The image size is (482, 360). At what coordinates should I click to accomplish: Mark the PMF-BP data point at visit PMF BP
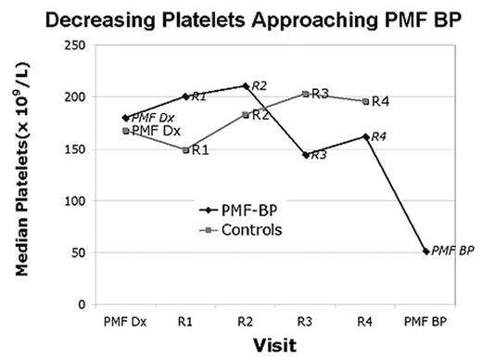coord(425,251)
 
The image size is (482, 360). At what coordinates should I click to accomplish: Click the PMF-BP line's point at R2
coord(245,85)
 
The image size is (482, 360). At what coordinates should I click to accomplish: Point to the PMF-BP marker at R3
coord(305,154)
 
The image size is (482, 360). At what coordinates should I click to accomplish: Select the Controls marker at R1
coord(184,149)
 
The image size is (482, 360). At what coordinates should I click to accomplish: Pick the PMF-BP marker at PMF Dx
coord(124,118)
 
